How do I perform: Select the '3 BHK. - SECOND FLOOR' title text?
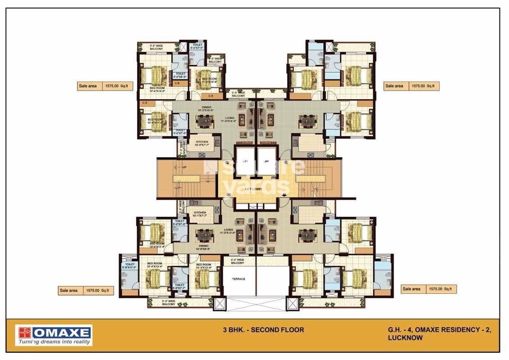click(x=263, y=330)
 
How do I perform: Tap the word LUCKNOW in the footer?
click(x=405, y=338)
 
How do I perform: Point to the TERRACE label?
click(x=238, y=279)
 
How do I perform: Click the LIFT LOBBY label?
click(x=254, y=189)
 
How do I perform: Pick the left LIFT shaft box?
click(x=245, y=161)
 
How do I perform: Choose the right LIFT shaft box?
click(x=266, y=161)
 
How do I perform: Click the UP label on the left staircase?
click(x=184, y=168)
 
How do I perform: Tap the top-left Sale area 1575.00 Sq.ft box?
click(x=105, y=86)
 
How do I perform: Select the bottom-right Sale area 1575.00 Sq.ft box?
click(x=428, y=289)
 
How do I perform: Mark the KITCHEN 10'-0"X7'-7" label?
click(x=202, y=144)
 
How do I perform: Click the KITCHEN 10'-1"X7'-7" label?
click(x=200, y=214)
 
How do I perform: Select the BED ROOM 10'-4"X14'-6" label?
click(x=157, y=89)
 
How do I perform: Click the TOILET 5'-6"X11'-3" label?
click(x=130, y=266)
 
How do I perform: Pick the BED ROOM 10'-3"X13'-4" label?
click(x=204, y=266)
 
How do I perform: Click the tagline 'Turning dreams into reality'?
click(x=54, y=342)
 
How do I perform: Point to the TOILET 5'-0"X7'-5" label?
click(x=198, y=47)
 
